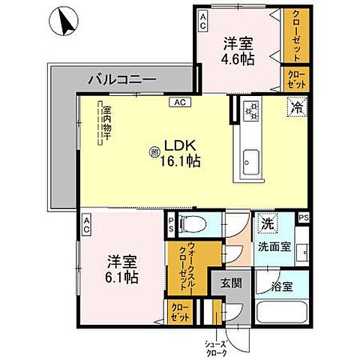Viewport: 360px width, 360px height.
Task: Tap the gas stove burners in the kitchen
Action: click(x=253, y=111)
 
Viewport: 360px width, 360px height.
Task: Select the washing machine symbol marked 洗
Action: click(x=266, y=223)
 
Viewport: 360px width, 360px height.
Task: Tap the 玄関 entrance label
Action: click(x=230, y=284)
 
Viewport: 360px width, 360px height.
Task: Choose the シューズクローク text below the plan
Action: click(x=217, y=348)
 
